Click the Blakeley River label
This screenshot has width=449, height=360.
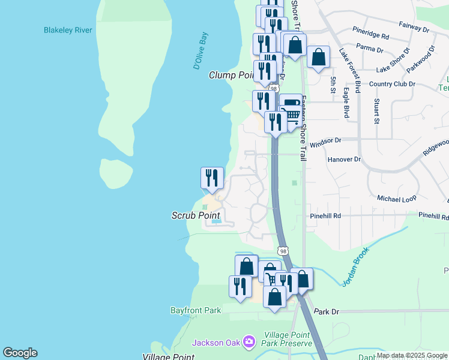click(68, 30)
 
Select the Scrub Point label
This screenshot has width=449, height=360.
click(196, 215)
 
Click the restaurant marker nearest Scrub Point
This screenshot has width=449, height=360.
click(212, 178)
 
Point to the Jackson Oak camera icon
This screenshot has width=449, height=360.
click(249, 342)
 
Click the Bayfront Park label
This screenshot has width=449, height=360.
click(196, 310)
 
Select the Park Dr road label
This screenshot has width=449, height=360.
click(327, 312)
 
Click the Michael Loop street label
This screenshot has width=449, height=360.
click(397, 198)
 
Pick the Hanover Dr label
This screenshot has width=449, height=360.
click(345, 160)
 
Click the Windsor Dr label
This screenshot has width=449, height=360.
click(325, 140)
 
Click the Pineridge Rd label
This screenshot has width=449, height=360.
click(371, 37)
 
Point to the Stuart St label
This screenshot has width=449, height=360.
click(377, 112)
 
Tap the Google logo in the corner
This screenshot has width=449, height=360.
click(20, 353)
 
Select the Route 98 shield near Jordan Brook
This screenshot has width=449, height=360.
click(283, 250)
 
